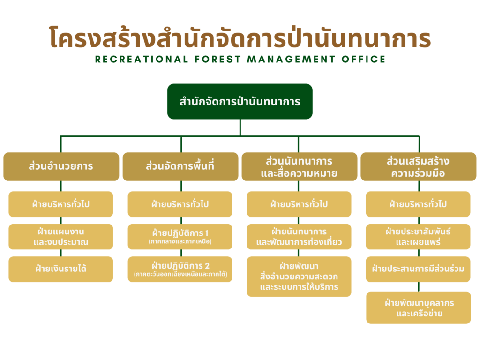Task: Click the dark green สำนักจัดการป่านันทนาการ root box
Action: pyautogui.click(x=240, y=101)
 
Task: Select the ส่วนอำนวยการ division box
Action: pyautogui.click(x=61, y=166)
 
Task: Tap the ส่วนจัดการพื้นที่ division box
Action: pyautogui.click(x=180, y=166)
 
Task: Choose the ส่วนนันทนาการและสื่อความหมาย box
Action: pyautogui.click(x=300, y=166)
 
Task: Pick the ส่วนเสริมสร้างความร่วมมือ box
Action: pyautogui.click(x=419, y=166)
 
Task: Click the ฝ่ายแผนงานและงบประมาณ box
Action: pyautogui.click(x=61, y=237)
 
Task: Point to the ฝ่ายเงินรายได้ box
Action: pyautogui.click(x=61, y=269)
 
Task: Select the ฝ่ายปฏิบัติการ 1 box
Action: pyautogui.click(x=180, y=237)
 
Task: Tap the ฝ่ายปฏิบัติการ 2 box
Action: pyautogui.click(x=180, y=269)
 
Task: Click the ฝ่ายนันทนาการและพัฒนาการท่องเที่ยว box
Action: pyautogui.click(x=299, y=237)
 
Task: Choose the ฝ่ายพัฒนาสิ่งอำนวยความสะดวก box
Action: pyautogui.click(x=299, y=277)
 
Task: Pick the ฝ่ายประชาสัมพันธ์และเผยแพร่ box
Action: pyautogui.click(x=418, y=237)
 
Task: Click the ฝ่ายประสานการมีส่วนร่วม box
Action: pyautogui.click(x=418, y=269)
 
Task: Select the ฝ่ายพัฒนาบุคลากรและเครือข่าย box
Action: pyautogui.click(x=419, y=307)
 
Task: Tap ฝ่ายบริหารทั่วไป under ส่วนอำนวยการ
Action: pyautogui.click(x=61, y=204)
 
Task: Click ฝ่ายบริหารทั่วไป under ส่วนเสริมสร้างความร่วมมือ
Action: pyautogui.click(x=418, y=204)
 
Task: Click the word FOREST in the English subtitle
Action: pyautogui.click(x=218, y=59)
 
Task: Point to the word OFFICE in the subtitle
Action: pyautogui.click(x=364, y=59)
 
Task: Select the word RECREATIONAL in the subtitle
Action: pyautogui.click(x=142, y=59)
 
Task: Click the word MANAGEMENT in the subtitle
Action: pyautogui.click(x=292, y=59)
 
